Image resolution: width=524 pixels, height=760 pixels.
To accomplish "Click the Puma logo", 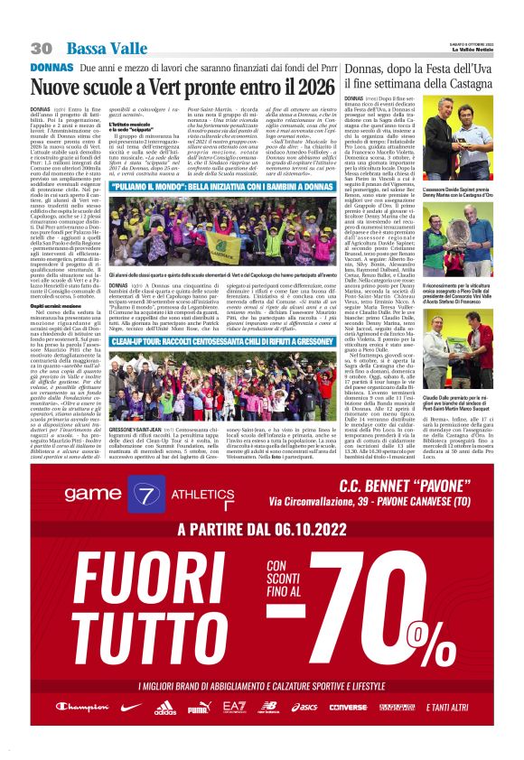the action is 198,707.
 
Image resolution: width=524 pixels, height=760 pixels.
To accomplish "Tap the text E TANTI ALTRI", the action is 448,707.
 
